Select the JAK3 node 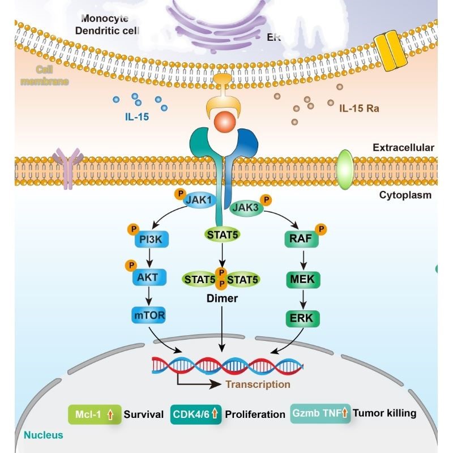tap(245, 208)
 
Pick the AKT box tap(149, 277)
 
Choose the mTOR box tap(149, 315)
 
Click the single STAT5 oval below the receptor tap(221, 234)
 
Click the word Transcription tap(258, 384)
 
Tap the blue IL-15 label tap(136, 118)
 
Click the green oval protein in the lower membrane tap(344, 168)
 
